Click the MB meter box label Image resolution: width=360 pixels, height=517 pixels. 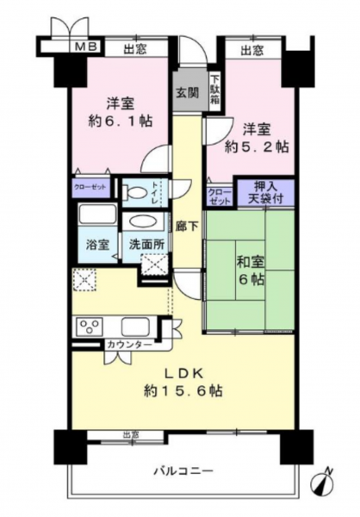86,47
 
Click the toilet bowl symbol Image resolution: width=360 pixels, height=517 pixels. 134,191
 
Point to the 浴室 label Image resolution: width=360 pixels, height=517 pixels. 97,245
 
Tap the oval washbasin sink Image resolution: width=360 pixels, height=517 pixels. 144,221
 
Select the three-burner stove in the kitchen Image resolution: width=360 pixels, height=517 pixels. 90,327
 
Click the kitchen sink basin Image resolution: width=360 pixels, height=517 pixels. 135,327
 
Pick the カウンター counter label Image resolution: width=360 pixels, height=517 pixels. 130,346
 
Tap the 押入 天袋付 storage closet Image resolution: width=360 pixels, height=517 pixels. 266,194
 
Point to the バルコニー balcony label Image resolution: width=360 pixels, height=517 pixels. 183,470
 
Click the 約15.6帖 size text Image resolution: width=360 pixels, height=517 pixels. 183,391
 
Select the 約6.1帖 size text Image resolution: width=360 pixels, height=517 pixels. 121,121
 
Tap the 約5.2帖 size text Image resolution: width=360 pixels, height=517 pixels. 257,147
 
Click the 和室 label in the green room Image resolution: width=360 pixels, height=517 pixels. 251,262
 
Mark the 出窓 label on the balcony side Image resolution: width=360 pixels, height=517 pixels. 131,435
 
